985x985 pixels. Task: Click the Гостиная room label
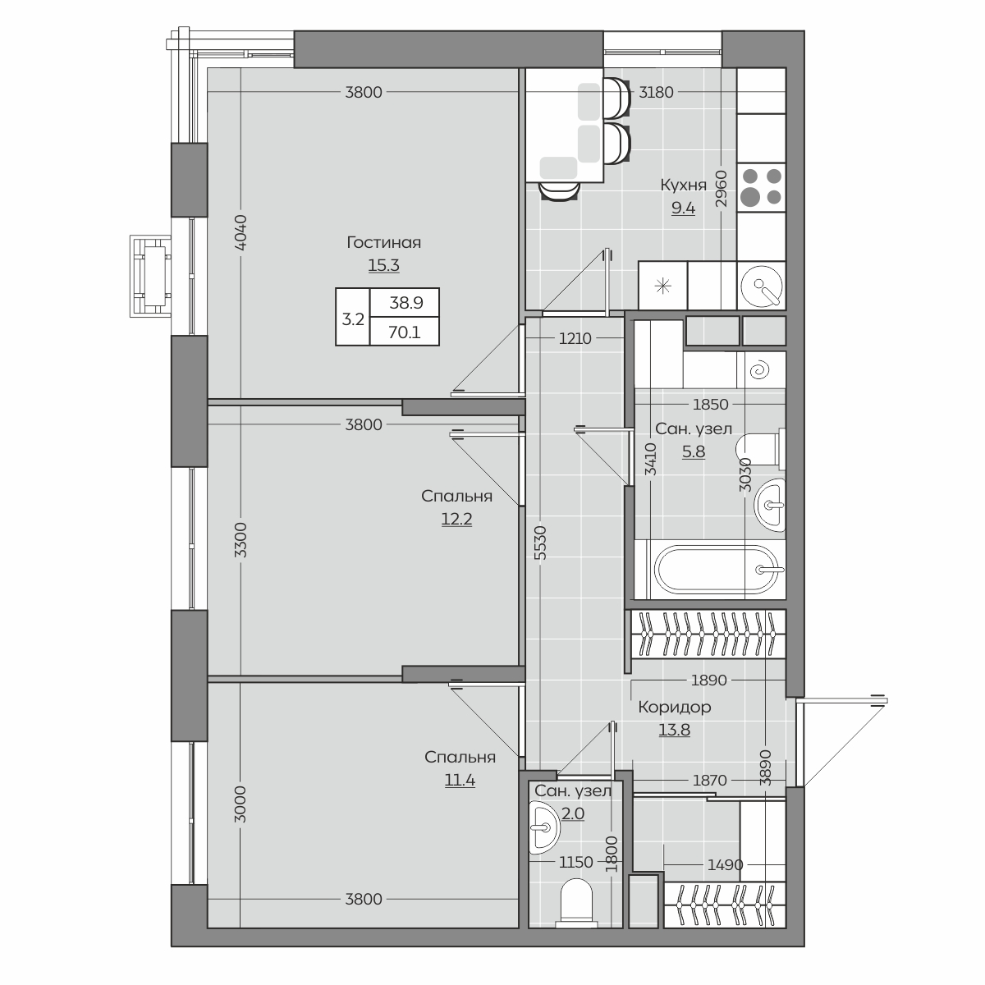pos(383,242)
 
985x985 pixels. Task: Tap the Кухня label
pos(683,185)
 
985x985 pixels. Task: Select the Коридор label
pos(674,707)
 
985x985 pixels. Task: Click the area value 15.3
pos(383,265)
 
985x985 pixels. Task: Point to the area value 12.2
pos(456,519)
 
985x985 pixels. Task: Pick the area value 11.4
pos(460,780)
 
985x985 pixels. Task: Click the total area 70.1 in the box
pos(405,332)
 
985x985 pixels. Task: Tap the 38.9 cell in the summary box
pos(406,303)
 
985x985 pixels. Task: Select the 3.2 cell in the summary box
pos(353,319)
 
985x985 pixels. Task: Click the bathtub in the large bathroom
pos(719,570)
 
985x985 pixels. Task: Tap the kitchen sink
pos(761,286)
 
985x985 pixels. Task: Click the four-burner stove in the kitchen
pos(761,187)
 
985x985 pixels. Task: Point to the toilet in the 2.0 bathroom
pos(577,902)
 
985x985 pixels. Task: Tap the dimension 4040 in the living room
pos(241,232)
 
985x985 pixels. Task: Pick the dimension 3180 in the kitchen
pos(657,93)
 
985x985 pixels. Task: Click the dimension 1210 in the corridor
pos(575,338)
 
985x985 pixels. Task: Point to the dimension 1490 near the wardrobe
pos(725,865)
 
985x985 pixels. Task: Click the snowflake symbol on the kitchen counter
pos(663,286)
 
